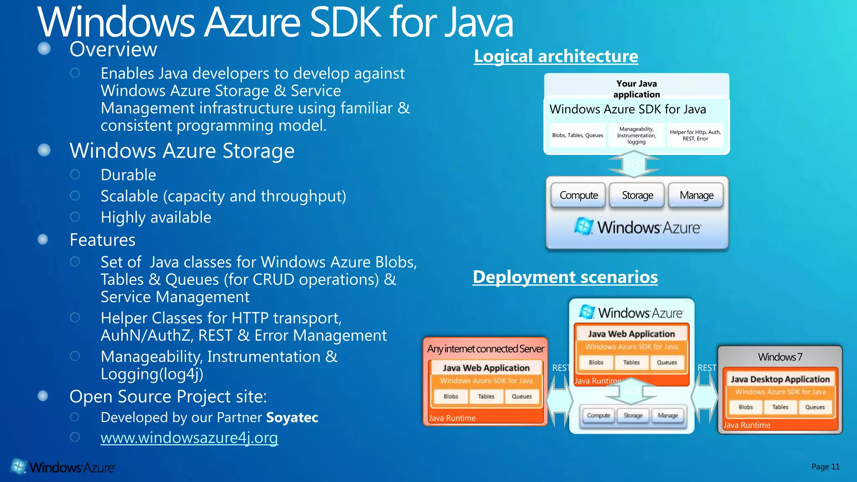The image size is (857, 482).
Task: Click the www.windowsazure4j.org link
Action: [189, 438]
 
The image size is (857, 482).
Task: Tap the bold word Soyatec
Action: [292, 417]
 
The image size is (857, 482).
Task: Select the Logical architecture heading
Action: [556, 56]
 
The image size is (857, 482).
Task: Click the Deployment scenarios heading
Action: [565, 277]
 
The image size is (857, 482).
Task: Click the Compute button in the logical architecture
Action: [578, 195]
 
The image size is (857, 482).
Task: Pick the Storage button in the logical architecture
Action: [637, 195]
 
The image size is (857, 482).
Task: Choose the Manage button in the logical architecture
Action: [696, 195]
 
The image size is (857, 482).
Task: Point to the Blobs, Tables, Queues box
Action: [577, 135]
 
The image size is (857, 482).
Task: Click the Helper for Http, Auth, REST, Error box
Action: [695, 135]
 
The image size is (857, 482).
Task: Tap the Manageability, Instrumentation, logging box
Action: [636, 135]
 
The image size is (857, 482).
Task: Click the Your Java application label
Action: [636, 89]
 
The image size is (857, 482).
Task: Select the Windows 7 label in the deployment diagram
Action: [780, 357]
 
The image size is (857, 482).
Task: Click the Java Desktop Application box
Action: [780, 379]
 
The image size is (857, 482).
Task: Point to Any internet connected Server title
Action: [485, 349]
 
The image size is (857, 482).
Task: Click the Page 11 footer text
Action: [825, 467]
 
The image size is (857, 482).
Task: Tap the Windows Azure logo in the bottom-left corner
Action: [63, 467]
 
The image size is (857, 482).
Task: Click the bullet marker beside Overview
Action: [44, 49]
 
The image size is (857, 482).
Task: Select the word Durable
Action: [128, 175]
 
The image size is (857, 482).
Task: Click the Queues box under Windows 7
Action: [815, 407]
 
